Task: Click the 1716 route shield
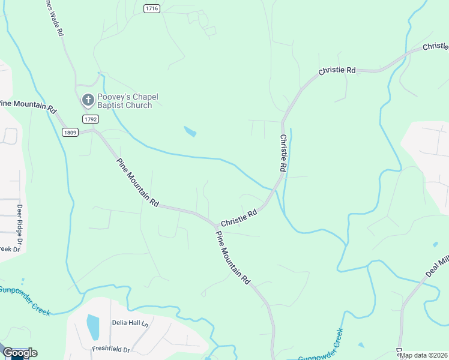pos(152,8)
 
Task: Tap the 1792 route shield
pos(91,119)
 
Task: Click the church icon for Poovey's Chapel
pos(88,100)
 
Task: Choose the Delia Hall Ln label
pos(128,322)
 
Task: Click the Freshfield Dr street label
pos(111,349)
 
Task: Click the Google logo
pos(20,353)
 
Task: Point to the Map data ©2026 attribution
pos(423,355)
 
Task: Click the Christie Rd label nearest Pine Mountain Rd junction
pos(239,217)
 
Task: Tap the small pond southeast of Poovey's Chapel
pos(190,131)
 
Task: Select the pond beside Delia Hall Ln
pos(93,327)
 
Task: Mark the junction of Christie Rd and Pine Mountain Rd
pos(214,226)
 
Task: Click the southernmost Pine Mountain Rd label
pos(232,257)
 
